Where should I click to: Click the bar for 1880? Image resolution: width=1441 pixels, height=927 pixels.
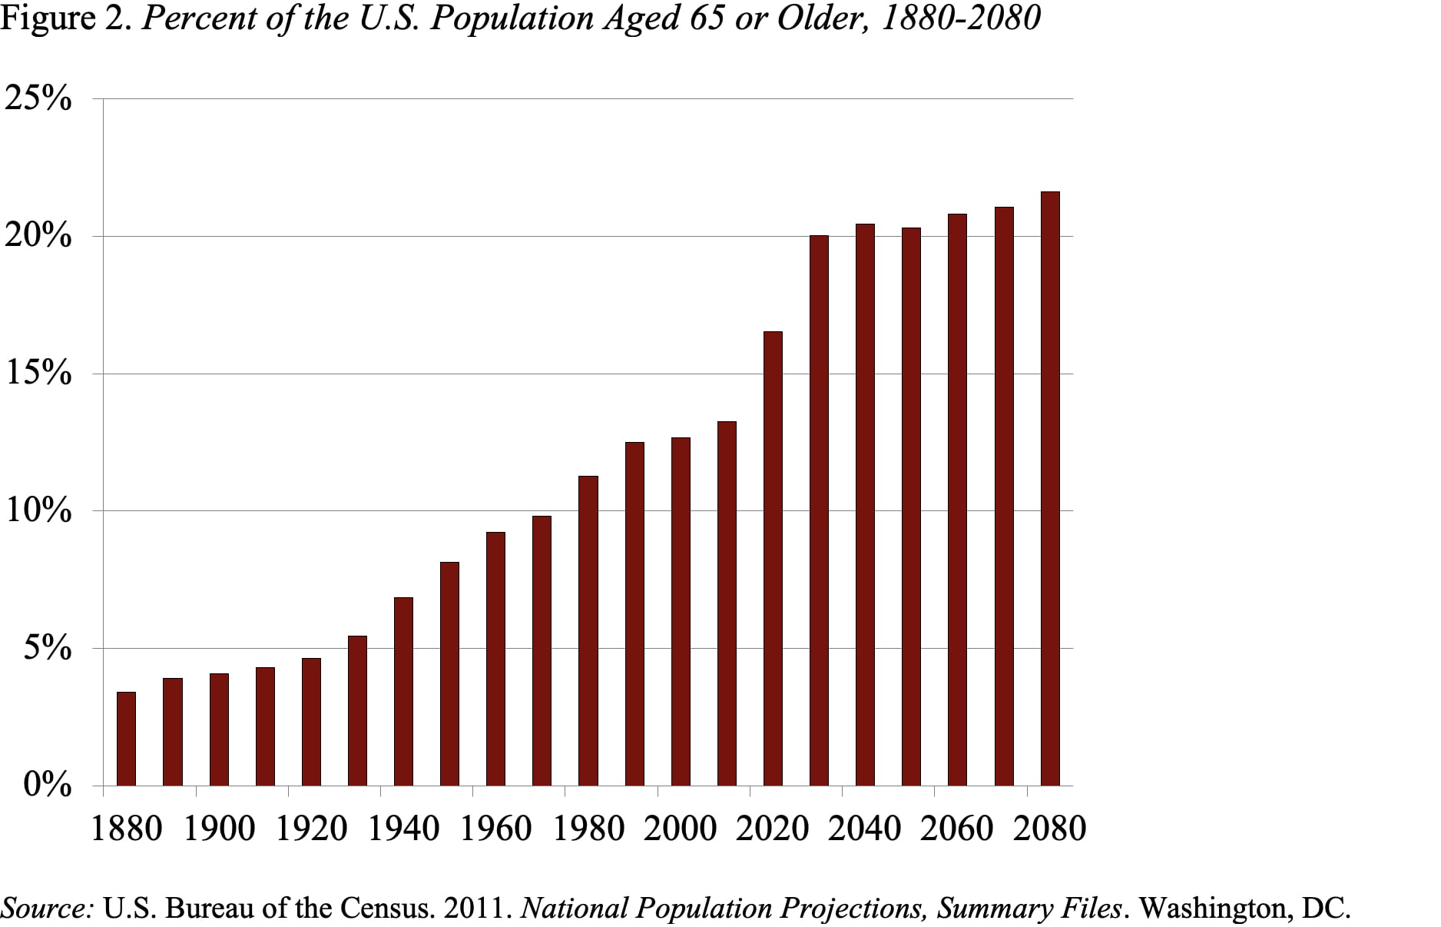(x=126, y=739)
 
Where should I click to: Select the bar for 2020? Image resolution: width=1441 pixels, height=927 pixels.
(x=773, y=559)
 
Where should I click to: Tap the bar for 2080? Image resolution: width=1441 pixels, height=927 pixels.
(x=1050, y=489)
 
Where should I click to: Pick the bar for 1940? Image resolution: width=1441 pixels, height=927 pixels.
(x=403, y=691)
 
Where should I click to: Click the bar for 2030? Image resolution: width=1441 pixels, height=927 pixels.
(x=819, y=510)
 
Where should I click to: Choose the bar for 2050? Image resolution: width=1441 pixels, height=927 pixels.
(x=911, y=507)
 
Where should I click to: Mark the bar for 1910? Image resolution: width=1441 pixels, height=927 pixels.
(x=265, y=726)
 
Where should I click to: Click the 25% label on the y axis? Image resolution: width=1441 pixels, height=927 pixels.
(x=38, y=98)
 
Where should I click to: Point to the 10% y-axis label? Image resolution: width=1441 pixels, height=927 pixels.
(x=38, y=510)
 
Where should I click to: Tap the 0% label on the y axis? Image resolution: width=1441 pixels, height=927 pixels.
(x=47, y=786)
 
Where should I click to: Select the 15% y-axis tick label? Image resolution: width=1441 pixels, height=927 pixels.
(x=38, y=374)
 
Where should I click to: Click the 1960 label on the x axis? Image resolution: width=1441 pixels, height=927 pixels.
(x=495, y=829)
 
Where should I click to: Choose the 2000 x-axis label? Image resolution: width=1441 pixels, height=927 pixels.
(x=680, y=829)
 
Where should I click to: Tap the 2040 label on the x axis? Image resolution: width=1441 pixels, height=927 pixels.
(x=864, y=829)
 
